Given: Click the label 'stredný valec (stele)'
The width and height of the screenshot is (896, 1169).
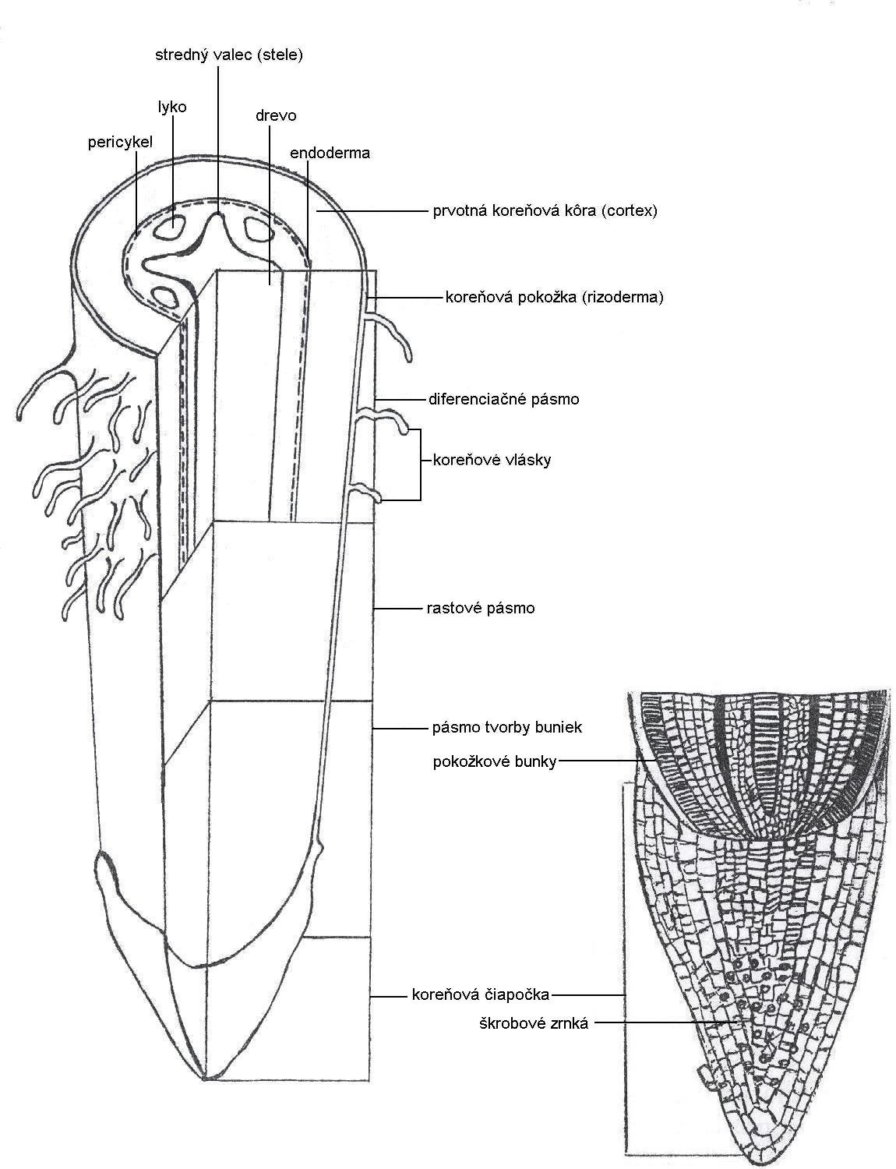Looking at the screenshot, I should point(228,55).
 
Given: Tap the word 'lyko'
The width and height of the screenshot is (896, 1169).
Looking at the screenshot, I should point(172,107).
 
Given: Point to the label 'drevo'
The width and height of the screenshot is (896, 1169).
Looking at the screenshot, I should point(276,115).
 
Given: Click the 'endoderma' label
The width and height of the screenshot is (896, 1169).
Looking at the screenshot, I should point(330,153).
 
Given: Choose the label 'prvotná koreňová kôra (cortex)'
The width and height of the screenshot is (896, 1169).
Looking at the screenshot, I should point(545,210).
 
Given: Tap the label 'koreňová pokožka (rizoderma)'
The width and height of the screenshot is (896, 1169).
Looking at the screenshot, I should point(554,297).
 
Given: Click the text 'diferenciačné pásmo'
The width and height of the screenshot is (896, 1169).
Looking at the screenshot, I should point(503,399).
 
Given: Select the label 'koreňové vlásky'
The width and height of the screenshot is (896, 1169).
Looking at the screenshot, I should point(491,460).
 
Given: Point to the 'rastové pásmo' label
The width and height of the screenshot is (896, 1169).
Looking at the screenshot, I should point(481,608).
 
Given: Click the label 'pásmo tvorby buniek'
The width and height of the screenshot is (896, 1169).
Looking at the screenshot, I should point(506,728).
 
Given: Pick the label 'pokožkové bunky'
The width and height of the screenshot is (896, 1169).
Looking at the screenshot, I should point(494,762).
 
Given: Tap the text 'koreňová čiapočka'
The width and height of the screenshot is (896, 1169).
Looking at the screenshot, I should point(480,994).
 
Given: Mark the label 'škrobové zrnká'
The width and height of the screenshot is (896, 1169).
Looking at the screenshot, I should point(533,1023).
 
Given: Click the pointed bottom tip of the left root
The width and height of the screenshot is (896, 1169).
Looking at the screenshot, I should point(204,1079).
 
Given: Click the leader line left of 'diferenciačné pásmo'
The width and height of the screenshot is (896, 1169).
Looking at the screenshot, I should point(399,399).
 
